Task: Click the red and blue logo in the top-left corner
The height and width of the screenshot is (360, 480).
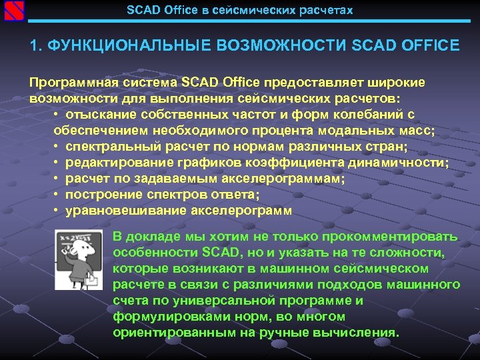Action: tap(13, 12)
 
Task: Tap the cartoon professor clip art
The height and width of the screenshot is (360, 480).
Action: tap(81, 262)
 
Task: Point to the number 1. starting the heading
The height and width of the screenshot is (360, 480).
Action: tap(35, 46)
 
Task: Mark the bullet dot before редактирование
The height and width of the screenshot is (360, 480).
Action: tap(58, 163)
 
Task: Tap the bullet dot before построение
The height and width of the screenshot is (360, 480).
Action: tap(58, 195)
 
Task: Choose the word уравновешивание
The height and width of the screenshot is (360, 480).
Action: tap(115, 211)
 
